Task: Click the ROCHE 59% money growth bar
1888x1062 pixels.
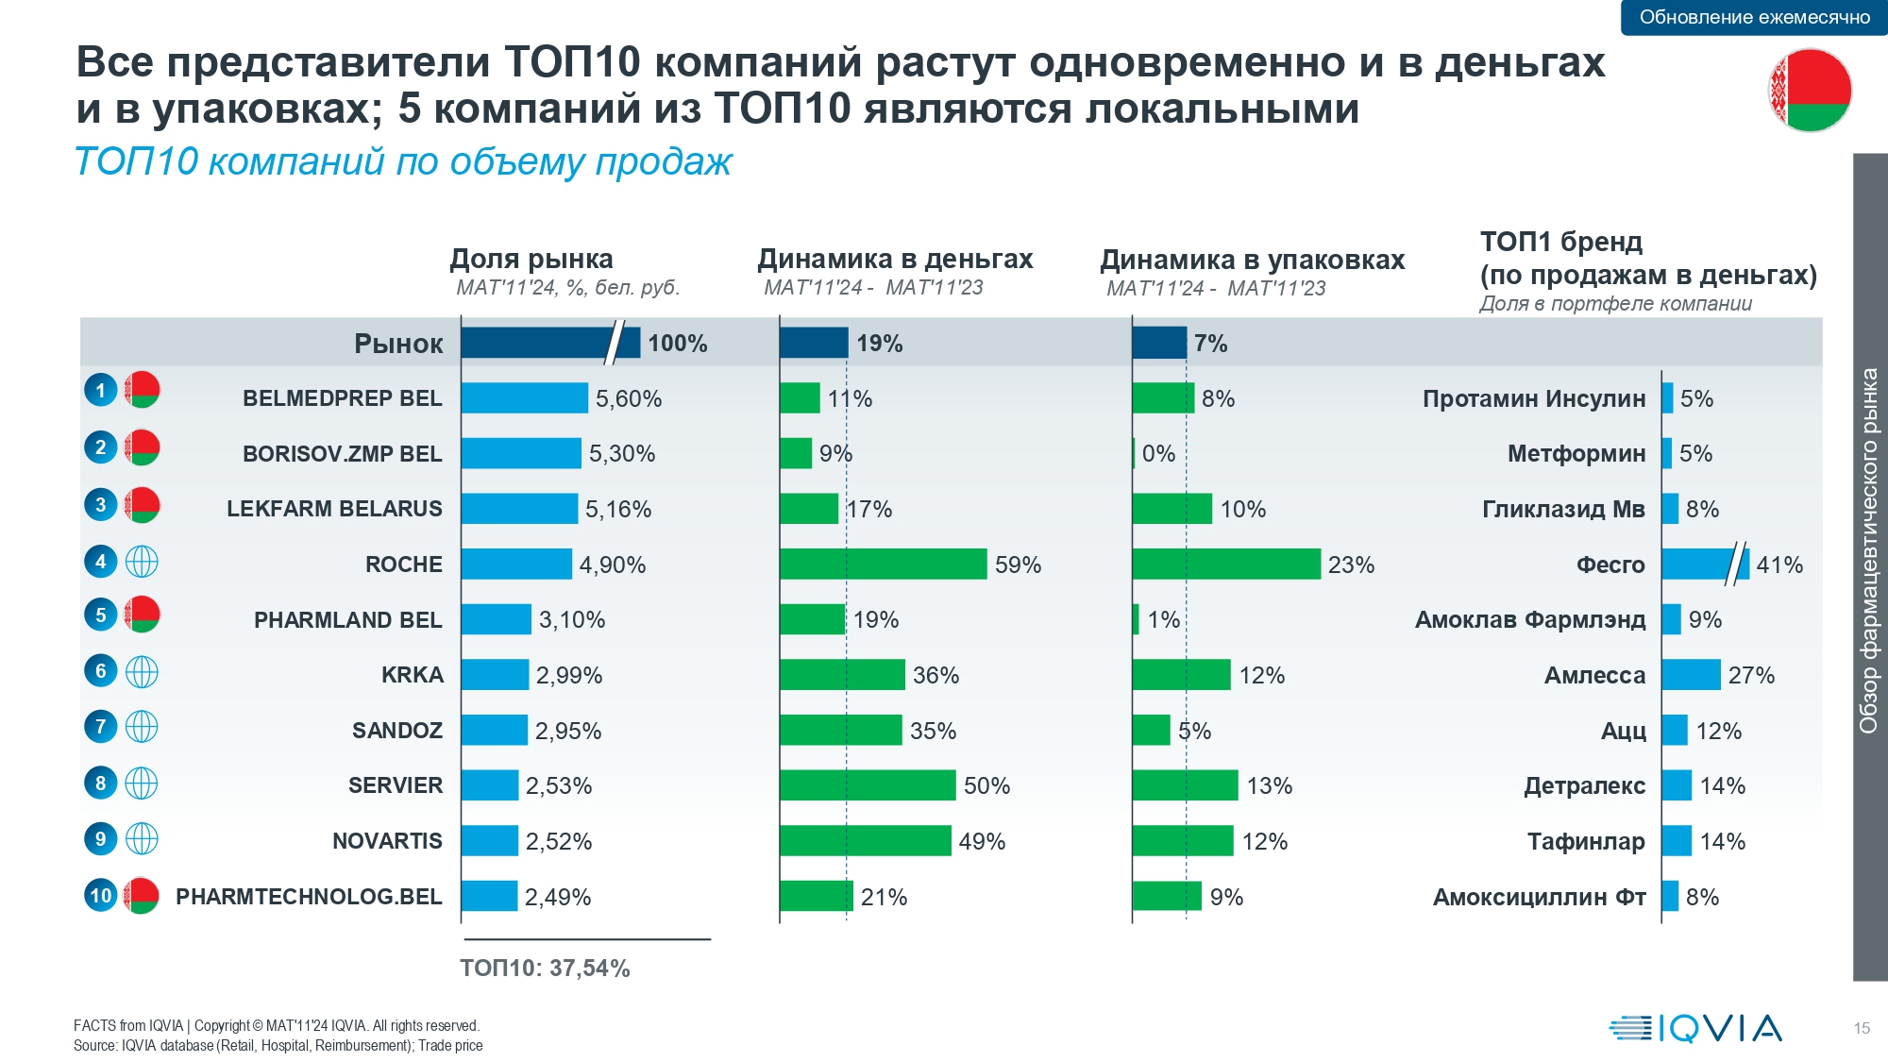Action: (x=883, y=565)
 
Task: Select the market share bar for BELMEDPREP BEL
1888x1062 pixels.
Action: (x=524, y=398)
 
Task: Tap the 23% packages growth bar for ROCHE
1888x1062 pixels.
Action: (x=1225, y=565)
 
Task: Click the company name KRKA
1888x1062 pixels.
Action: (x=412, y=675)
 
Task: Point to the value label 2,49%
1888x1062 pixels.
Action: (x=558, y=897)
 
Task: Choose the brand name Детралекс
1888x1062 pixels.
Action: (x=1584, y=785)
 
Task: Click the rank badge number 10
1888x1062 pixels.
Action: (x=100, y=895)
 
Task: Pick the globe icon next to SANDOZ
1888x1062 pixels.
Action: (x=142, y=727)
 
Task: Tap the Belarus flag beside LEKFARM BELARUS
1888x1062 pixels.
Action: (x=142, y=505)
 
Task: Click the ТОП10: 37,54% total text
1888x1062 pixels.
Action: (x=545, y=968)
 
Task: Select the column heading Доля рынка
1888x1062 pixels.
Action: (x=531, y=259)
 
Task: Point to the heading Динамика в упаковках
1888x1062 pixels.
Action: (x=1253, y=260)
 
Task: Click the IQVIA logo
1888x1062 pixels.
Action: (x=1695, y=1028)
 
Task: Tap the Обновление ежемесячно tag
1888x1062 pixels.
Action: (x=1754, y=17)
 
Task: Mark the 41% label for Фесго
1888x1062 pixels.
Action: (x=1779, y=565)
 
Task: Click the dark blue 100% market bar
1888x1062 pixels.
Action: (x=549, y=343)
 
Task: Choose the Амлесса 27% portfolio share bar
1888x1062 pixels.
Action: (x=1691, y=675)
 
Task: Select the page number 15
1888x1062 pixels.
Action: (x=1862, y=1028)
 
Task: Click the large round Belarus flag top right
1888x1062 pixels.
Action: (x=1810, y=91)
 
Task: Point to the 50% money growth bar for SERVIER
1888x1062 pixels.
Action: (x=867, y=785)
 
